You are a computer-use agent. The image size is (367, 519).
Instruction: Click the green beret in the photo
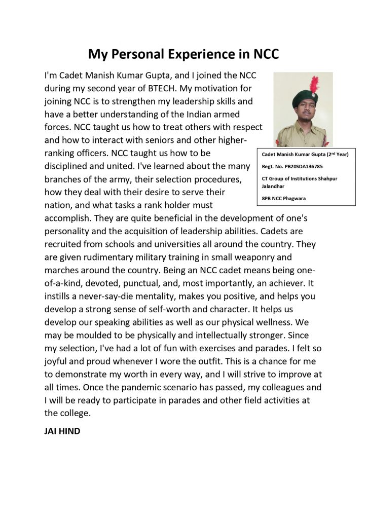305,98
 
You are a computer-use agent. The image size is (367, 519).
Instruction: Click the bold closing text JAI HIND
62,432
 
